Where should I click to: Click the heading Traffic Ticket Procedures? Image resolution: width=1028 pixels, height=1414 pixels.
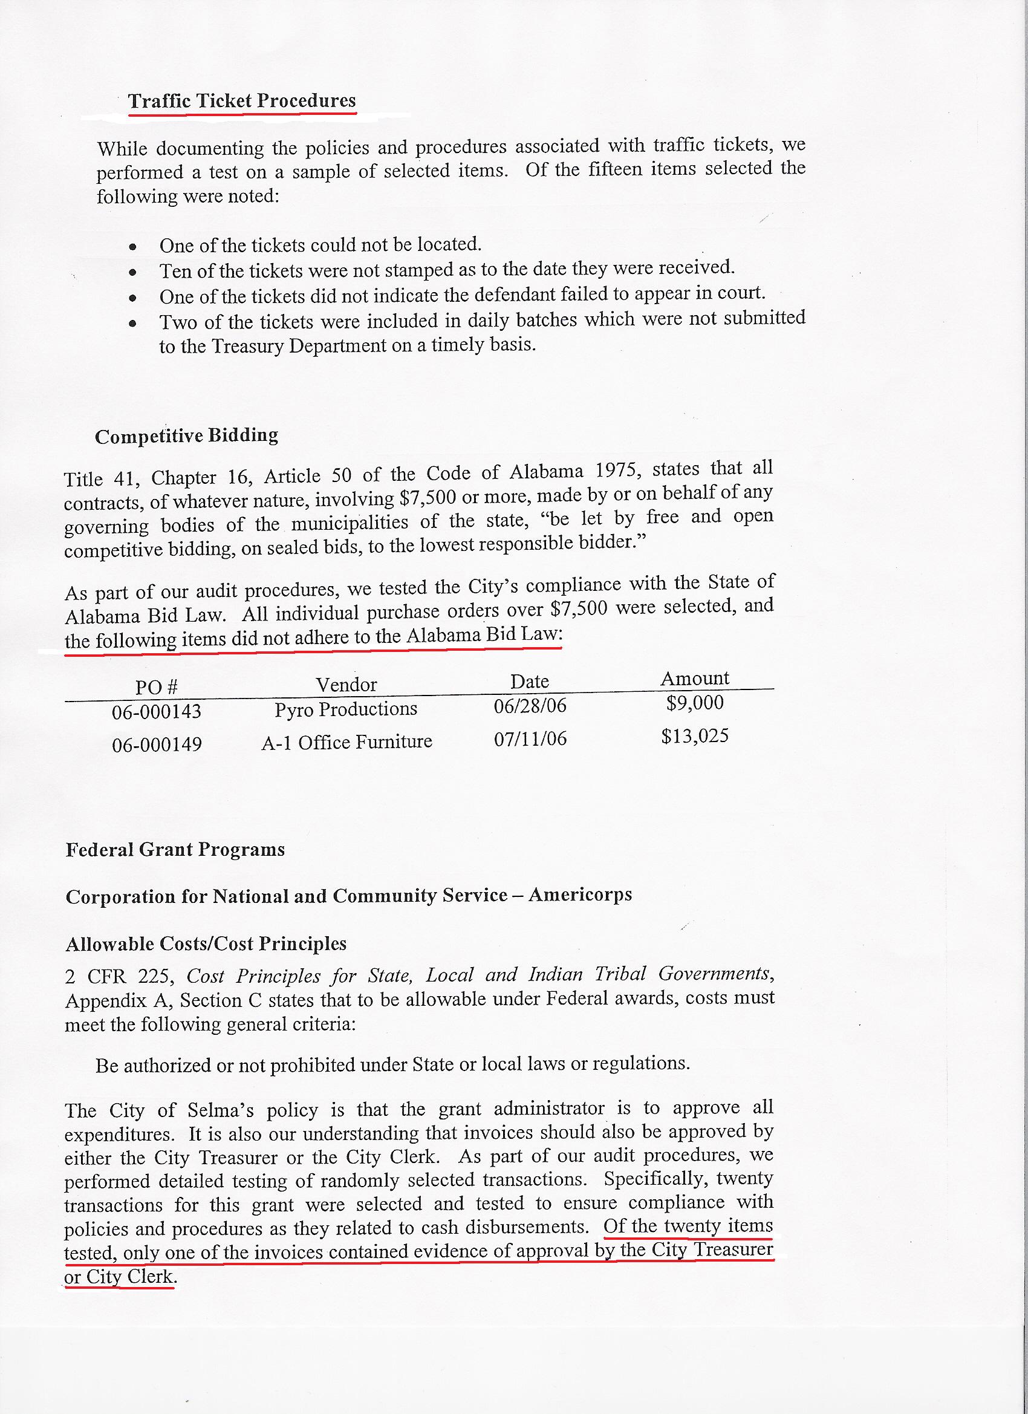click(x=242, y=101)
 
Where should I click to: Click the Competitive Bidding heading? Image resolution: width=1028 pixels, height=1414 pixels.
click(x=186, y=436)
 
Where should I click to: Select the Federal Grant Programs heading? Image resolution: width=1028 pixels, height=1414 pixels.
click(x=175, y=850)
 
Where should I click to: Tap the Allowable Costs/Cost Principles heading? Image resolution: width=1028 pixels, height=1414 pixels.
click(x=206, y=944)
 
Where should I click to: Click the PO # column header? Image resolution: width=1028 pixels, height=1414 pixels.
click(x=157, y=687)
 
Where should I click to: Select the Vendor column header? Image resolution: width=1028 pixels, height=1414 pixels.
click(x=346, y=685)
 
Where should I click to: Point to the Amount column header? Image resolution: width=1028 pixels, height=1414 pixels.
click(x=694, y=679)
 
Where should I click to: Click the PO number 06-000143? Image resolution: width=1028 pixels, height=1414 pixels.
click(x=157, y=711)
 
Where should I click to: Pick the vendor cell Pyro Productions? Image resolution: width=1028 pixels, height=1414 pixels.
click(x=346, y=709)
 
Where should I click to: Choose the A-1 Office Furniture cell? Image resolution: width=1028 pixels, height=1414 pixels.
click(x=346, y=742)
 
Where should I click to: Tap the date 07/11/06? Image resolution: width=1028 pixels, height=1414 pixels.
click(x=530, y=739)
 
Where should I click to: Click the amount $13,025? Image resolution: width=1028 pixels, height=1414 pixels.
click(x=694, y=736)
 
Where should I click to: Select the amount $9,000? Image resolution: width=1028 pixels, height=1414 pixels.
click(x=694, y=703)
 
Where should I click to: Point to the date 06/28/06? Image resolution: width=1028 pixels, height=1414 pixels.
click(x=530, y=706)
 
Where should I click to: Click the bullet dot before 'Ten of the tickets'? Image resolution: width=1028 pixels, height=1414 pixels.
click(x=132, y=272)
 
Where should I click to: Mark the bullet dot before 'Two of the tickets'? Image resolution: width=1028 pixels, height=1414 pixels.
click(x=132, y=324)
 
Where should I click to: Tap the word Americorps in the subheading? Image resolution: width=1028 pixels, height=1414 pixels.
click(x=580, y=894)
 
